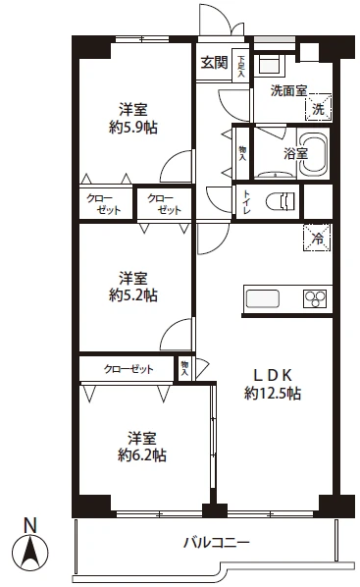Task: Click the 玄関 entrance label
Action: pyautogui.click(x=215, y=63)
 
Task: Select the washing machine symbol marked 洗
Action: pyautogui.click(x=320, y=106)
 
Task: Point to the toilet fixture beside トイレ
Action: pyautogui.click(x=283, y=201)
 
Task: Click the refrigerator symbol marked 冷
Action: pyautogui.click(x=317, y=238)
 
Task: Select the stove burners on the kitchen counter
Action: pyautogui.click(x=317, y=298)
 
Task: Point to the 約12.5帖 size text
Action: pyautogui.click(x=273, y=392)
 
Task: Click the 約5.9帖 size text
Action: pyautogui.click(x=133, y=127)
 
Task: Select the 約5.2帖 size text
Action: pyautogui.click(x=133, y=293)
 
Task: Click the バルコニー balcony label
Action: pyautogui.click(x=217, y=542)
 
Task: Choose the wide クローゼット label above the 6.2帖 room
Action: pyautogui.click(x=129, y=368)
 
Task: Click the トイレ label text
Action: pyautogui.click(x=245, y=201)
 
